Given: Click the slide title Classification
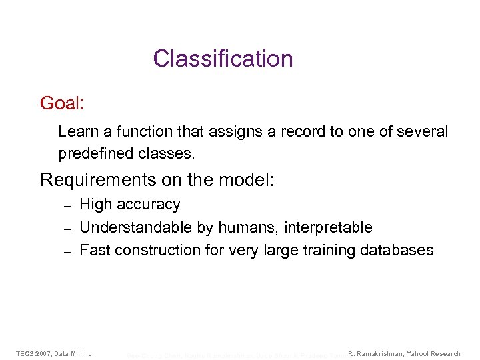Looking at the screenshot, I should [223, 59].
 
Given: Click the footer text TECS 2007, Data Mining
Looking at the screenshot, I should [54, 353].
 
